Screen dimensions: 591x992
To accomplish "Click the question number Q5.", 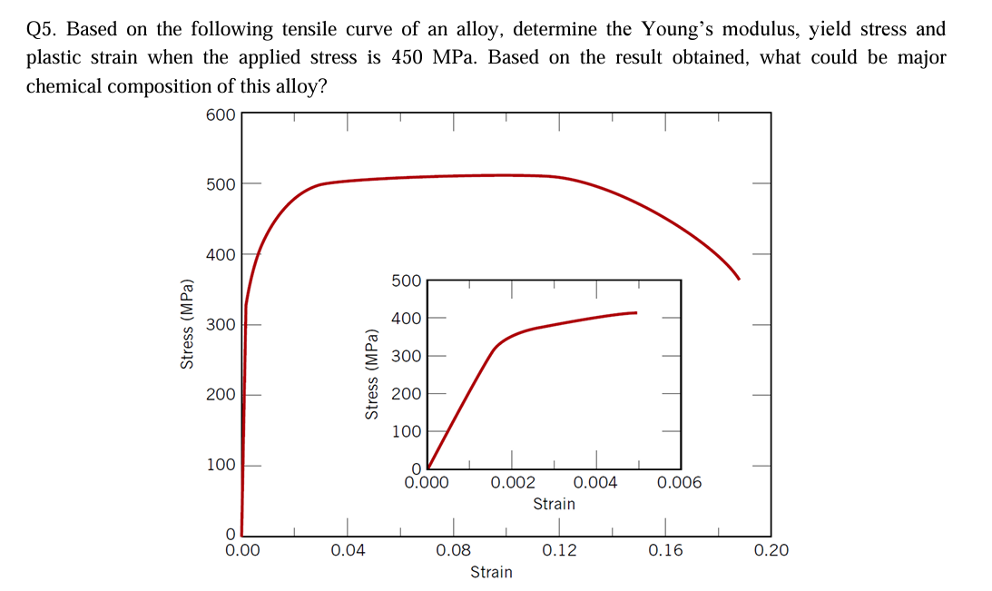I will click(42, 29).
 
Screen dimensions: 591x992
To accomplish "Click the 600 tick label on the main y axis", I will click(221, 114).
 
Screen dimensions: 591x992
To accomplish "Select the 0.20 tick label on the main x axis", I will click(771, 550).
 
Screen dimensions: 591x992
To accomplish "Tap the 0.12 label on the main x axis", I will click(559, 550).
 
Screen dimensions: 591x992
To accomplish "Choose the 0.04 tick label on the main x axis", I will click(348, 550).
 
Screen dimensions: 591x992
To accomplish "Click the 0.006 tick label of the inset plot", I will click(680, 483).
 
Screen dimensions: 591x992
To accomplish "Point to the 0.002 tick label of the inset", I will click(512, 483).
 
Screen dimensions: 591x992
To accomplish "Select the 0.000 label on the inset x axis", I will click(427, 483).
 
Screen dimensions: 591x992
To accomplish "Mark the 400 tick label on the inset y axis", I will click(406, 318).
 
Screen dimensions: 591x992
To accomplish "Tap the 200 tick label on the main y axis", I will click(221, 395).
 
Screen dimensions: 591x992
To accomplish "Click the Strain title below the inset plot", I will click(554, 504).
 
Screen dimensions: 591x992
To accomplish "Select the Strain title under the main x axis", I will click(491, 572).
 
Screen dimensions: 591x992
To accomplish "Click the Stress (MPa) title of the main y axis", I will click(188, 323).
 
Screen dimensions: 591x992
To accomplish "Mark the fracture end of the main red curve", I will click(739, 278).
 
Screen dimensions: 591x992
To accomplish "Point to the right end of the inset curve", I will click(635, 312).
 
